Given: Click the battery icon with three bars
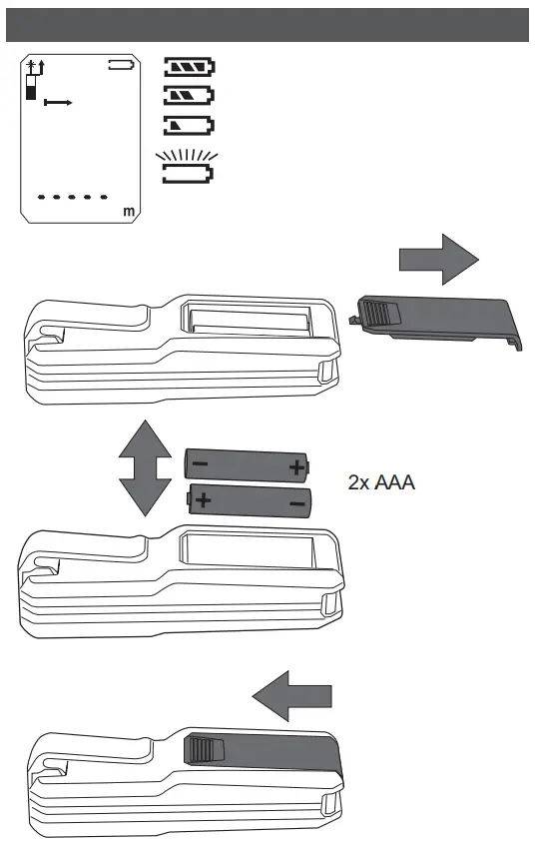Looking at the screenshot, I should (x=189, y=68).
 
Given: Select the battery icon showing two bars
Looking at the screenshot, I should (x=189, y=97).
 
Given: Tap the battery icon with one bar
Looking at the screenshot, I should (x=189, y=126).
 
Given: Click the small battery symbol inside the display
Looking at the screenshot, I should (x=121, y=67).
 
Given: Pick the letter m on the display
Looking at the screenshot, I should (x=128, y=212).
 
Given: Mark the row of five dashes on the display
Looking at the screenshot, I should (x=72, y=197).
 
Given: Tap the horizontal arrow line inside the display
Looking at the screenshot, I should (x=60, y=103).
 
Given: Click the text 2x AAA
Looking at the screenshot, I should (x=381, y=483).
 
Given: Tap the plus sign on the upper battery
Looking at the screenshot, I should (x=295, y=466).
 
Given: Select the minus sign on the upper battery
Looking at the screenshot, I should (x=200, y=464).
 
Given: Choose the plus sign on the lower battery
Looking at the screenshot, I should (x=202, y=498).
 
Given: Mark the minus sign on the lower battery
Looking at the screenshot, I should (x=296, y=502).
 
